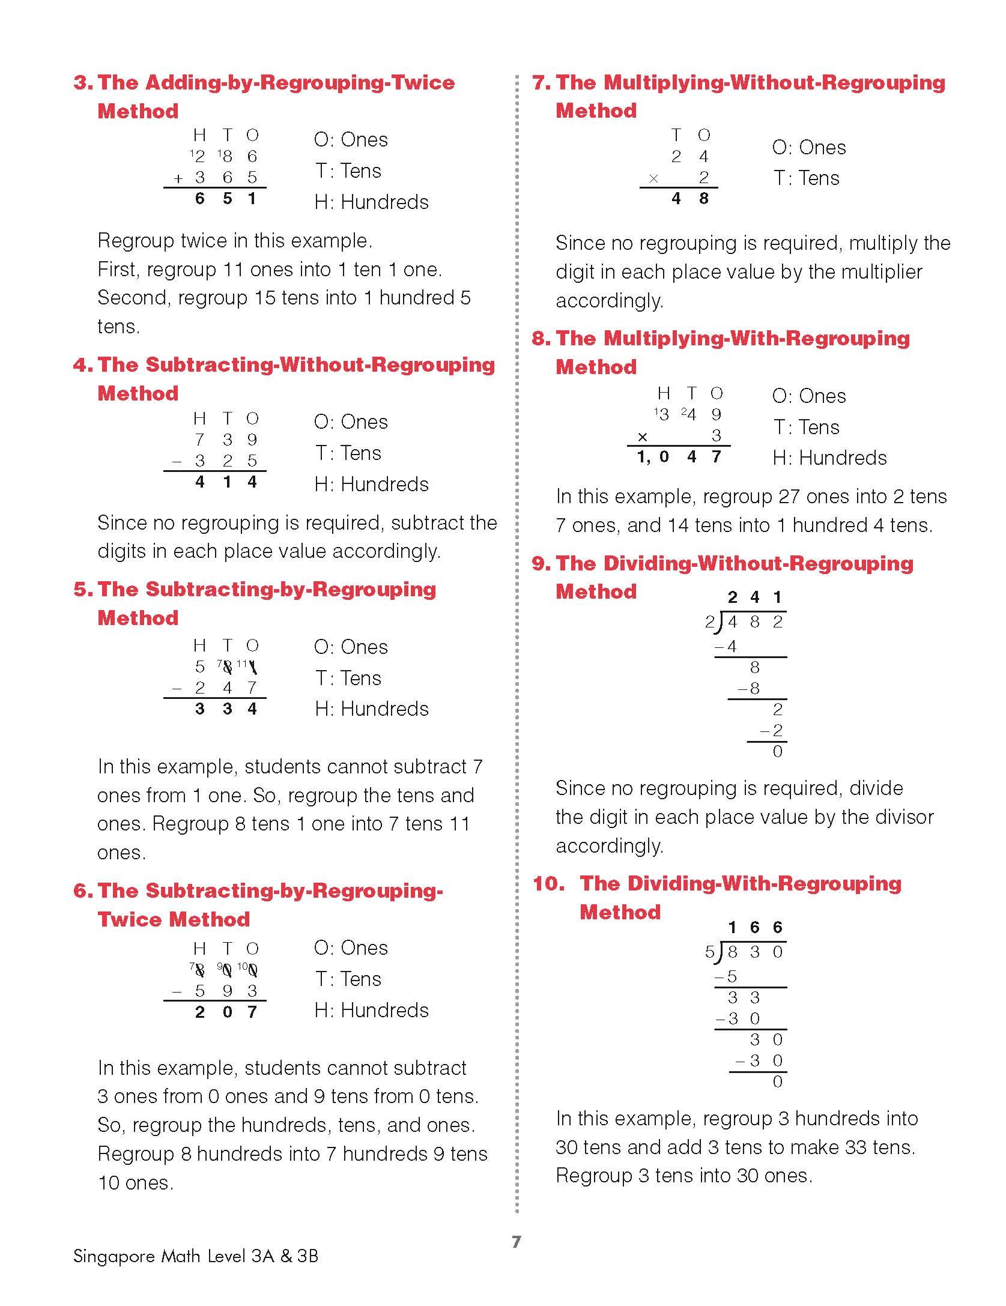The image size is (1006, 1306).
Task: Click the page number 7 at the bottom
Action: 517,1241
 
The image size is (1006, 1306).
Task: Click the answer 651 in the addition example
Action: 226,199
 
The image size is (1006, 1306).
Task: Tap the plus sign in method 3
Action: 178,178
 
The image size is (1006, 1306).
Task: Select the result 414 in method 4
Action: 226,482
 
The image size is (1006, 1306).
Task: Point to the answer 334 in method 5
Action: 226,709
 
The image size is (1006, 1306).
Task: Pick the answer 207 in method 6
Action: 226,1012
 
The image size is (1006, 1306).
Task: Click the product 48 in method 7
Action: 689,199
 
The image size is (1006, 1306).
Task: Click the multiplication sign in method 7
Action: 653,178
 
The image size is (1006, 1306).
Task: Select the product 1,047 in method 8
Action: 679,457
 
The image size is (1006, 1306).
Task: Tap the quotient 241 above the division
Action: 754,597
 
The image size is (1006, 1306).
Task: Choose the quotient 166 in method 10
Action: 754,928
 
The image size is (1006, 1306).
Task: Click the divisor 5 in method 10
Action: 710,952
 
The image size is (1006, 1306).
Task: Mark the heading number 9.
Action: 541,563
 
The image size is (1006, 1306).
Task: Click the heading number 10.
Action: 548,883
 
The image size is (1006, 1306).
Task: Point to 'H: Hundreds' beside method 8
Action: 829,458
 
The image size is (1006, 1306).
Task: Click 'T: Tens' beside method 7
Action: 806,178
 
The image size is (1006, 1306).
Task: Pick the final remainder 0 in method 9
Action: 778,752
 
